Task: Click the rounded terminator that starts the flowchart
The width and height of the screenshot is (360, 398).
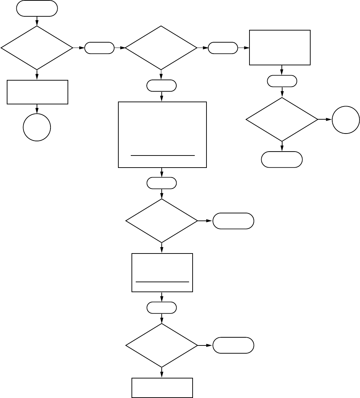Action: pyautogui.click(x=37, y=9)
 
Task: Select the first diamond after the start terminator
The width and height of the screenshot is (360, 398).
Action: pyautogui.click(x=37, y=48)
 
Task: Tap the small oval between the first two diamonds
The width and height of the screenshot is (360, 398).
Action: pyautogui.click(x=100, y=48)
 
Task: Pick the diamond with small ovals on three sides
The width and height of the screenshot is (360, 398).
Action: pyautogui.click(x=161, y=48)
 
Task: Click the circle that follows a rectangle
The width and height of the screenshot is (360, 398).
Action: pyautogui.click(x=37, y=127)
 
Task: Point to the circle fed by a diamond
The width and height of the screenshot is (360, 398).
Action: pyautogui.click(x=346, y=120)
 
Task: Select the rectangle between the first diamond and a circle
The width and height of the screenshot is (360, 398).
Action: pyautogui.click(x=37, y=92)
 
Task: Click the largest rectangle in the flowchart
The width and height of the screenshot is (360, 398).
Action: pyautogui.click(x=162, y=135)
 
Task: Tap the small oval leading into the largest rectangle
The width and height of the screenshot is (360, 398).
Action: pyautogui.click(x=162, y=86)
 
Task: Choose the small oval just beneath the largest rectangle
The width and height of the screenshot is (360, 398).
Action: pyautogui.click(x=162, y=183)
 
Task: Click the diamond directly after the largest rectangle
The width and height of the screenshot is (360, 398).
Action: pyautogui.click(x=162, y=221)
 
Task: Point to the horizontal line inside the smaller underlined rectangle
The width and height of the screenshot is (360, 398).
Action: pyautogui.click(x=162, y=282)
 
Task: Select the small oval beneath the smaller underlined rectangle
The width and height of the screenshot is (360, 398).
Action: pyautogui.click(x=162, y=307)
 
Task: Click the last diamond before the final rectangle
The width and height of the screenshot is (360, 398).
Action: pyautogui.click(x=162, y=345)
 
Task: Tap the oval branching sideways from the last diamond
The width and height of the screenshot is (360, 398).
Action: pyautogui.click(x=233, y=345)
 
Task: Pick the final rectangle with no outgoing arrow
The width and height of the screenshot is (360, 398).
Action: pyautogui.click(x=162, y=388)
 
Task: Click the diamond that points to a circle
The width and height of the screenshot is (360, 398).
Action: pyautogui.click(x=282, y=119)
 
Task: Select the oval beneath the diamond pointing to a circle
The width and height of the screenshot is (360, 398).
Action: pyautogui.click(x=282, y=159)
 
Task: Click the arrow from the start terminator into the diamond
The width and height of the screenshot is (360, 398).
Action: pyautogui.click(x=37, y=21)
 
